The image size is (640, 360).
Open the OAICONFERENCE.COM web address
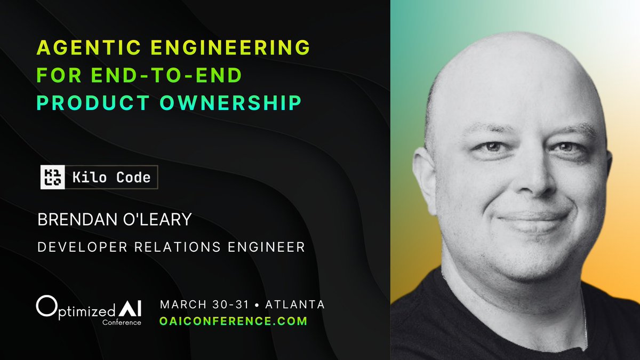(234, 321)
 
